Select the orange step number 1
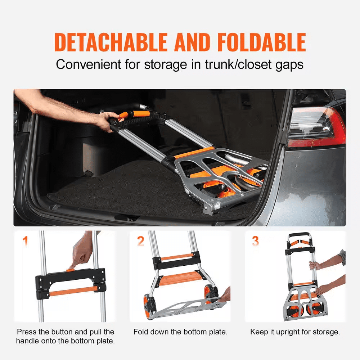(x=25, y=240)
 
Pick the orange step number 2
(x=140, y=240)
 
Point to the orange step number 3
(x=255, y=240)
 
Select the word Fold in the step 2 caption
(x=141, y=332)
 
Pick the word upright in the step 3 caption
(x=287, y=332)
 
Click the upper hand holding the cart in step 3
(x=315, y=265)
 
